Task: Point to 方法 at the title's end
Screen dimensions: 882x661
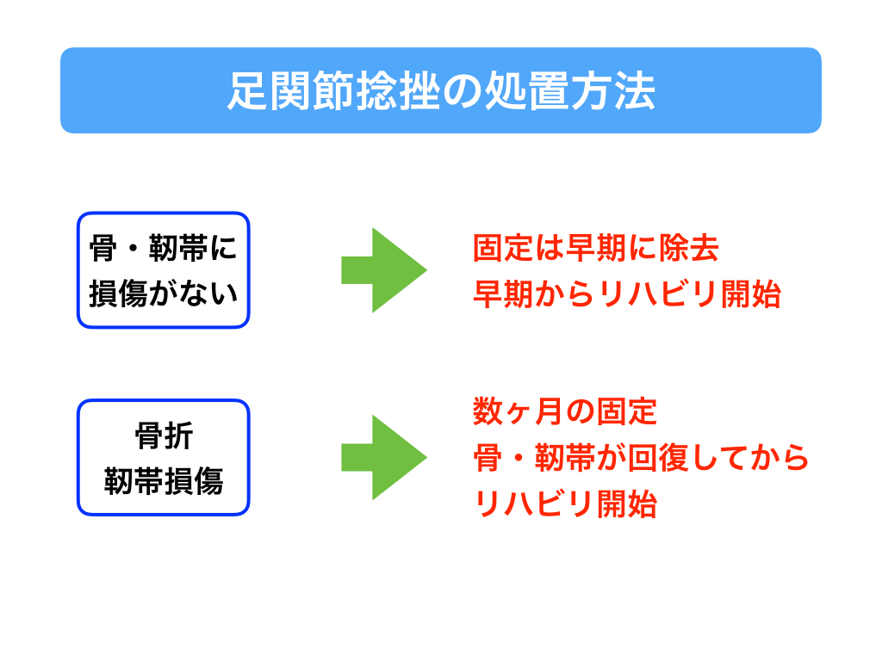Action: point(612,91)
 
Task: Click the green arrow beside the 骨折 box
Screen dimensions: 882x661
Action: point(384,458)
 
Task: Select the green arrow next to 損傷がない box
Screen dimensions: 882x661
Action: point(384,270)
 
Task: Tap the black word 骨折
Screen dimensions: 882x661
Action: point(164,436)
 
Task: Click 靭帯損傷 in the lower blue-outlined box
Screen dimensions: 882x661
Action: point(164,481)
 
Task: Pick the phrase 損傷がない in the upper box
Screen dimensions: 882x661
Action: point(163,293)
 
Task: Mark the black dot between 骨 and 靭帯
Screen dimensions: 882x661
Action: point(134,249)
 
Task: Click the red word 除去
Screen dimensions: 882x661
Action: point(688,248)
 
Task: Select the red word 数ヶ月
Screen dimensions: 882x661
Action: point(502,411)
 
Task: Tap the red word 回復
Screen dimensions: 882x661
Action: point(658,458)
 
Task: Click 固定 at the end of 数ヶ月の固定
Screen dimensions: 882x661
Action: point(627,411)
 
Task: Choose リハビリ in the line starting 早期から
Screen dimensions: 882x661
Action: point(658,293)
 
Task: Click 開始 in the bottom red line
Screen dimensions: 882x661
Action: point(627,503)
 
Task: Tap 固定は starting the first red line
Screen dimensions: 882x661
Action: point(518,248)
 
